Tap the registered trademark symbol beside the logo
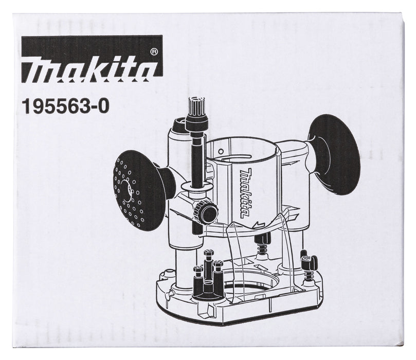[x=154, y=51]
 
